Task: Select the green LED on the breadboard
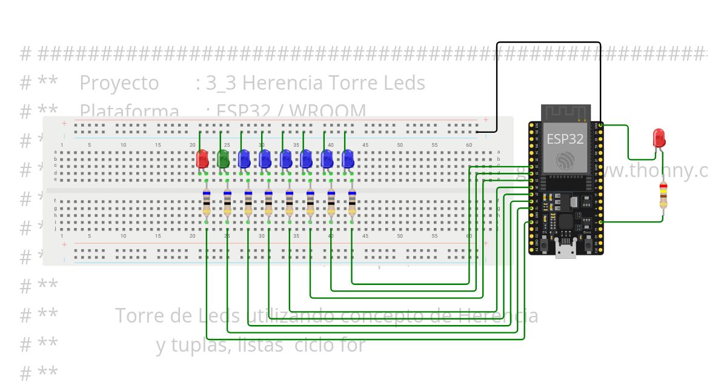(223, 159)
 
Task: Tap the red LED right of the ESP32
(659, 138)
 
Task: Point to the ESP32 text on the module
(565, 139)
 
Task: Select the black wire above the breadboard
(548, 42)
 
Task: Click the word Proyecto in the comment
(119, 83)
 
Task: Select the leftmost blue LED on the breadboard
(244, 159)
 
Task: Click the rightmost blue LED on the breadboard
(347, 159)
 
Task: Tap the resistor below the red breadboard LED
(207, 205)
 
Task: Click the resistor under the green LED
(227, 205)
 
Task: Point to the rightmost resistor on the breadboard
(352, 205)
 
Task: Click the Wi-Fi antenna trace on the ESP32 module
(565, 113)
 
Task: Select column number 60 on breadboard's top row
(470, 145)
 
